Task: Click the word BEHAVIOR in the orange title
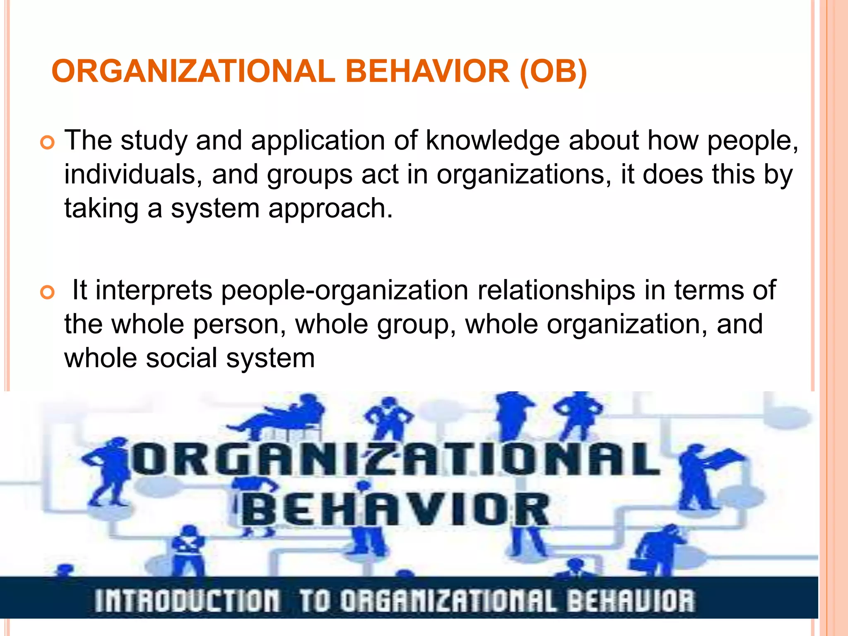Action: tap(427, 71)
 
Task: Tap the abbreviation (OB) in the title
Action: tap(553, 71)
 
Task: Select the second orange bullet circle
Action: tap(48, 293)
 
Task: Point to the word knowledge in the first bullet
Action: tap(492, 141)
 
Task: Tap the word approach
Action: tap(330, 208)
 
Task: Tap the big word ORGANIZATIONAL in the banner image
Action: tap(393, 460)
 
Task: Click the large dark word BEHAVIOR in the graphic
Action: tap(395, 510)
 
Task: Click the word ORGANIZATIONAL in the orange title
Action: tap(193, 71)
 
